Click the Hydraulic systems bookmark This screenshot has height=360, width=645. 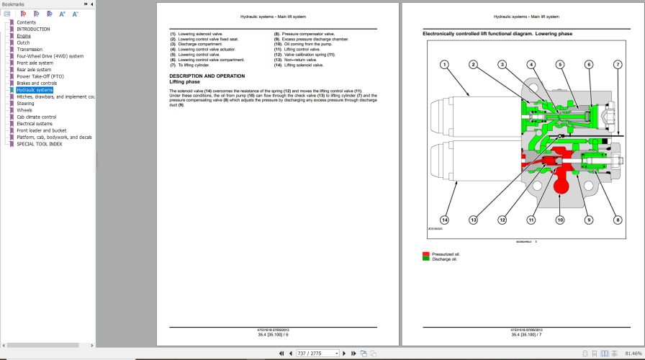(35, 90)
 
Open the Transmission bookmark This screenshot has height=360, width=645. (30, 49)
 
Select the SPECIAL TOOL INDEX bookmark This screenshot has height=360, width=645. (39, 143)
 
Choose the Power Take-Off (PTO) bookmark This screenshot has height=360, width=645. (40, 76)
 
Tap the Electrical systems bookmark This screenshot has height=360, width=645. (35, 123)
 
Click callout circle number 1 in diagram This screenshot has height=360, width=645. (445, 65)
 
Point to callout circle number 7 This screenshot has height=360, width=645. (617, 65)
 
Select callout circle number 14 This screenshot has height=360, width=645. (445, 220)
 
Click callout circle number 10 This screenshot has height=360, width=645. (560, 220)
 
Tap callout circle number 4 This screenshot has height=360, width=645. (531, 65)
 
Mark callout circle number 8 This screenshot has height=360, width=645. (617, 220)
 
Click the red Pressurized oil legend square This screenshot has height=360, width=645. (426, 254)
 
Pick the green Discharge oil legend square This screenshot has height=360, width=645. (426, 259)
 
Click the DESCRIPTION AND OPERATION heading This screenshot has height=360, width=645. (207, 76)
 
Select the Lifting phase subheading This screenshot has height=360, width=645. (185, 82)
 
